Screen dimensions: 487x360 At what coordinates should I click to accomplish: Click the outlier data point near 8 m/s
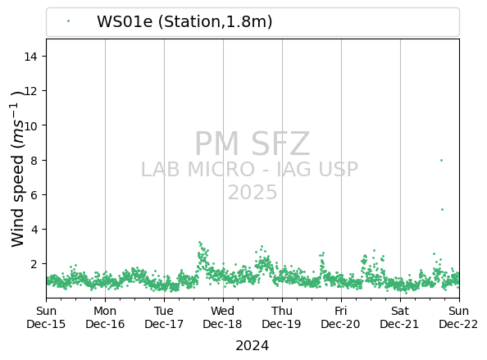pyautogui.click(x=441, y=160)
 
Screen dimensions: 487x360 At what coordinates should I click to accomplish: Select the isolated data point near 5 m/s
pyautogui.click(x=442, y=210)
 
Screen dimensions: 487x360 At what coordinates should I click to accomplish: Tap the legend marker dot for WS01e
pyautogui.click(x=68, y=21)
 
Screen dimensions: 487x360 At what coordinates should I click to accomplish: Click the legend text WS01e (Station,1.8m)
pyautogui.click(x=184, y=22)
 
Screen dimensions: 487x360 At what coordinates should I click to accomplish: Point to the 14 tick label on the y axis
pyautogui.click(x=30, y=57)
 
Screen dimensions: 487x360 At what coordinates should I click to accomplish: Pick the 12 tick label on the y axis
pyautogui.click(x=30, y=91)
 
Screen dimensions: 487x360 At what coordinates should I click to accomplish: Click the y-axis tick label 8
pyautogui.click(x=34, y=160)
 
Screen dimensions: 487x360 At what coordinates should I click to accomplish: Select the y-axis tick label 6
pyautogui.click(x=34, y=194)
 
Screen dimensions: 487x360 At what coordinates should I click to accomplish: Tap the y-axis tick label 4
pyautogui.click(x=34, y=230)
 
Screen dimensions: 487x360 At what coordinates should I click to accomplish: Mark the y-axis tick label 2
pyautogui.click(x=34, y=264)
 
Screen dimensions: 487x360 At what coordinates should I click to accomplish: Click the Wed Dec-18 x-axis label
pyautogui.click(x=222, y=317)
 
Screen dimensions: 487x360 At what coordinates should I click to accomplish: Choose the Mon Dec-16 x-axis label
pyautogui.click(x=105, y=317)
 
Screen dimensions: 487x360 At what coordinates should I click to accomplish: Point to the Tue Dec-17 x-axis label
pyautogui.click(x=164, y=317)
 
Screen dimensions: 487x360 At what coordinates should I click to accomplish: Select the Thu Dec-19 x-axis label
pyautogui.click(x=281, y=317)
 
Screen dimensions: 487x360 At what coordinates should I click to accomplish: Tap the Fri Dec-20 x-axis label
pyautogui.click(x=340, y=317)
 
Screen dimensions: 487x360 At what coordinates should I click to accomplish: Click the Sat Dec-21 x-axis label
pyautogui.click(x=399, y=317)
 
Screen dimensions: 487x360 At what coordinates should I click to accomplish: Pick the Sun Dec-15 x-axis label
pyautogui.click(x=46, y=317)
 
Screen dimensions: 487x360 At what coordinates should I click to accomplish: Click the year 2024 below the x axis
pyautogui.click(x=253, y=346)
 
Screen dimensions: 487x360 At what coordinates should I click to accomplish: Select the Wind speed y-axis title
pyautogui.click(x=18, y=169)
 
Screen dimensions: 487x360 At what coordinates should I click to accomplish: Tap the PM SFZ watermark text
pyautogui.click(x=253, y=144)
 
